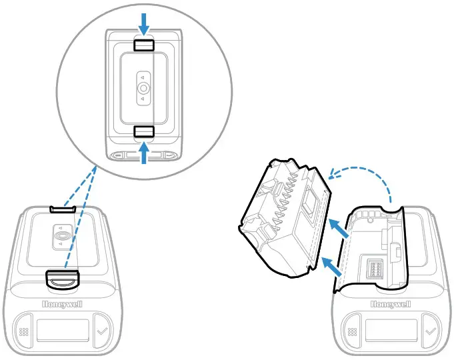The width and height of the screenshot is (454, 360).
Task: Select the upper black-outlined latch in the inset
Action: (x=144, y=45)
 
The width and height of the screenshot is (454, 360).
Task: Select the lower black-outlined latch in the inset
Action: (x=144, y=131)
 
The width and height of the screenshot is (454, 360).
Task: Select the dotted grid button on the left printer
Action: (x=24, y=331)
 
